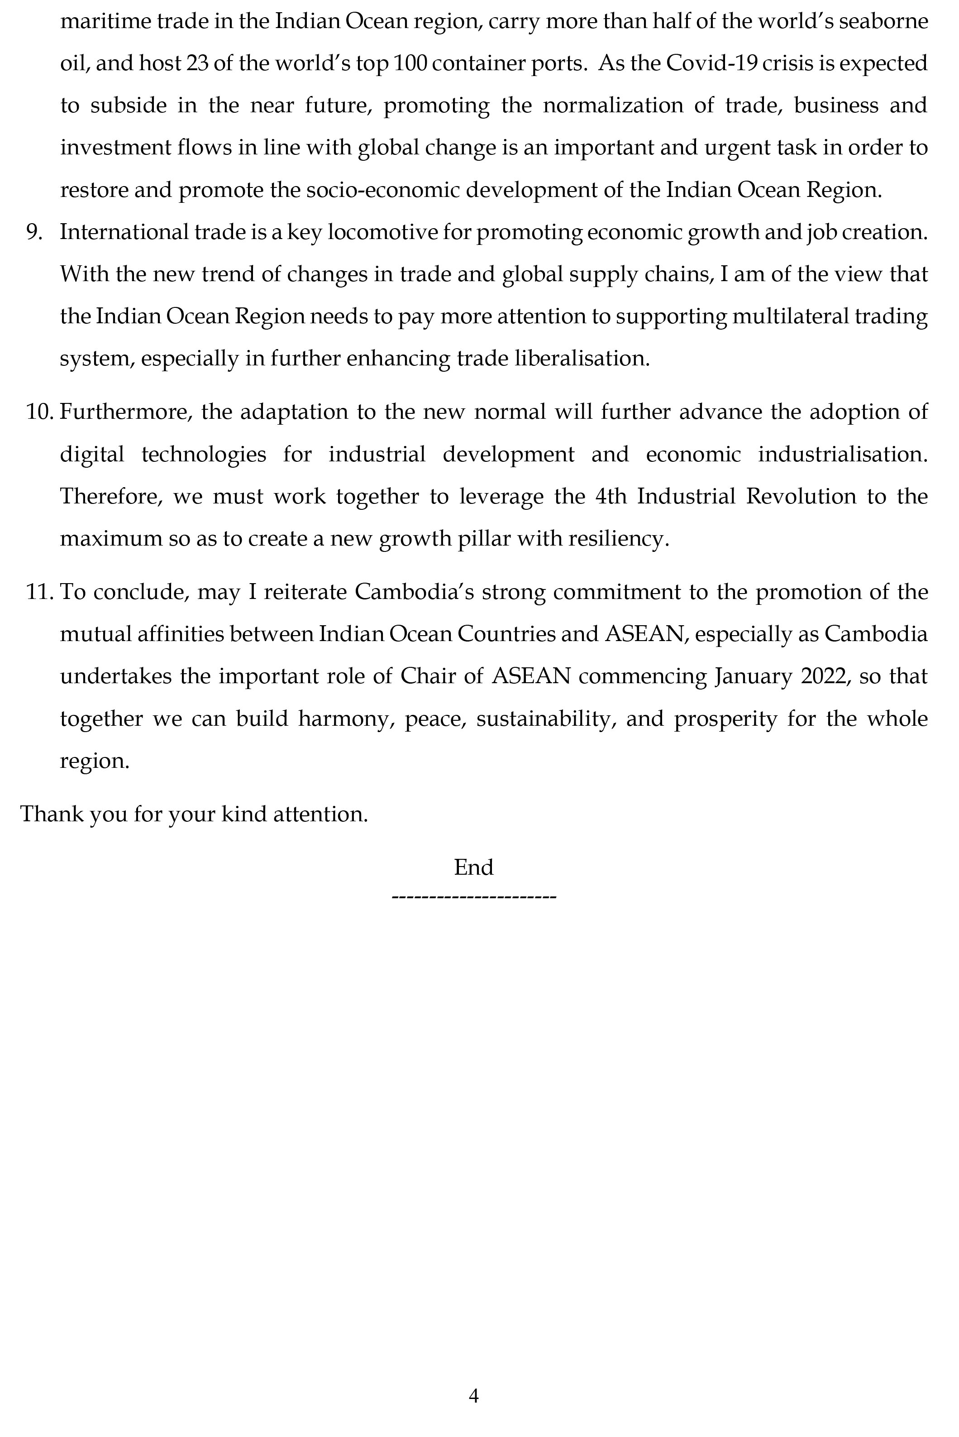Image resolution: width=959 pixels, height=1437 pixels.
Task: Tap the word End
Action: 473,867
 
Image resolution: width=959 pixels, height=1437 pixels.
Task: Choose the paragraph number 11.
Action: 40,592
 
